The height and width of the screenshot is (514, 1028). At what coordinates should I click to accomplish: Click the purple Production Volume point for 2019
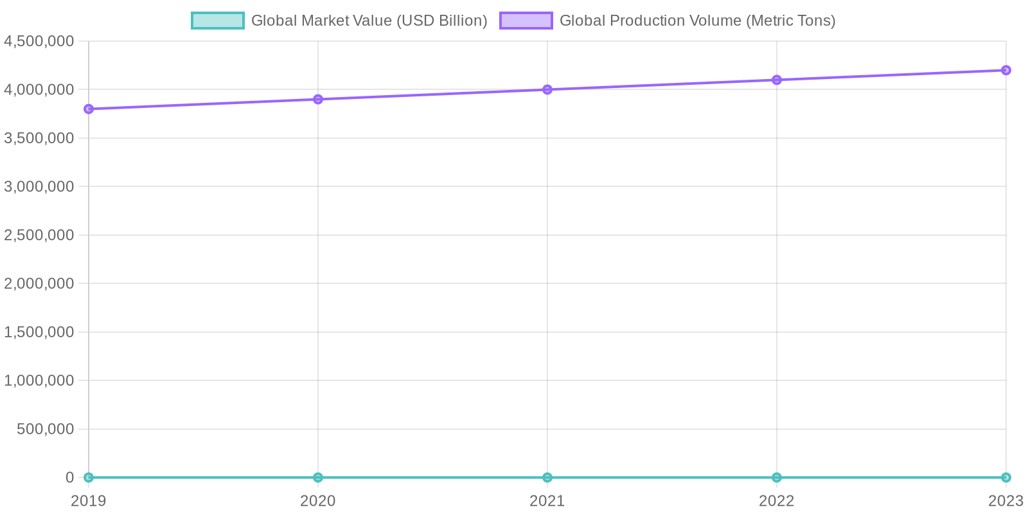[x=89, y=109]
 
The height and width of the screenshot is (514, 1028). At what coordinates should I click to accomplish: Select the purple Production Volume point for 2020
[x=318, y=99]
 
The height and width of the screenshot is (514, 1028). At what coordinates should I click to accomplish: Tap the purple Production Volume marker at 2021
[x=547, y=89]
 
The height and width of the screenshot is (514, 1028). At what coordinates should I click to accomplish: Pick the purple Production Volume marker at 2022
[x=777, y=80]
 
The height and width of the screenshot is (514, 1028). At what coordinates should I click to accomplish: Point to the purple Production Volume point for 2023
[x=1006, y=70]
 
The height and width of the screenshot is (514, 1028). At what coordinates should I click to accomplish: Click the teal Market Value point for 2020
[x=318, y=477]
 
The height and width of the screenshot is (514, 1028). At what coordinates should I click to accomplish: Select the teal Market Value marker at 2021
[x=547, y=477]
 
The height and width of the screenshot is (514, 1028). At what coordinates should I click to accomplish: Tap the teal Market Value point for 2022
[x=777, y=477]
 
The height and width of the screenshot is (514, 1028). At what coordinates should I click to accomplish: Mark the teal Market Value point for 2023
[x=1006, y=477]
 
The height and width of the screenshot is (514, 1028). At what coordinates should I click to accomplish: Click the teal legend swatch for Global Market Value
[x=218, y=21]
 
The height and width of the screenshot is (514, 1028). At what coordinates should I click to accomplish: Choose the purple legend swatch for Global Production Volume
[x=526, y=21]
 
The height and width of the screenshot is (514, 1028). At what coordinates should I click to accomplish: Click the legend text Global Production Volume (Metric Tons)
[x=697, y=21]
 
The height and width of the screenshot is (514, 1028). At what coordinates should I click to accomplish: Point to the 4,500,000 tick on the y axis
[x=39, y=41]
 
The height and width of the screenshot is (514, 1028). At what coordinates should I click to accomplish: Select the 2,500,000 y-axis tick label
[x=39, y=235]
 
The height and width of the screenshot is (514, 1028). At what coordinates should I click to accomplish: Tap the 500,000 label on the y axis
[x=46, y=429]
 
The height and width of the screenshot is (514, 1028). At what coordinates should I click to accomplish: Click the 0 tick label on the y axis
[x=69, y=477]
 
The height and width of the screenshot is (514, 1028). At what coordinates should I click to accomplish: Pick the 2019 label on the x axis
[x=89, y=501]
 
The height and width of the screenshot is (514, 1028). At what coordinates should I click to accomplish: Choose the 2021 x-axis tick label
[x=547, y=501]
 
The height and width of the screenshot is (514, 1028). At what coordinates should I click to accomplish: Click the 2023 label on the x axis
[x=1006, y=501]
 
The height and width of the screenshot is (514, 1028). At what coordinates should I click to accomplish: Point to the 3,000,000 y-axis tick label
[x=39, y=186]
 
